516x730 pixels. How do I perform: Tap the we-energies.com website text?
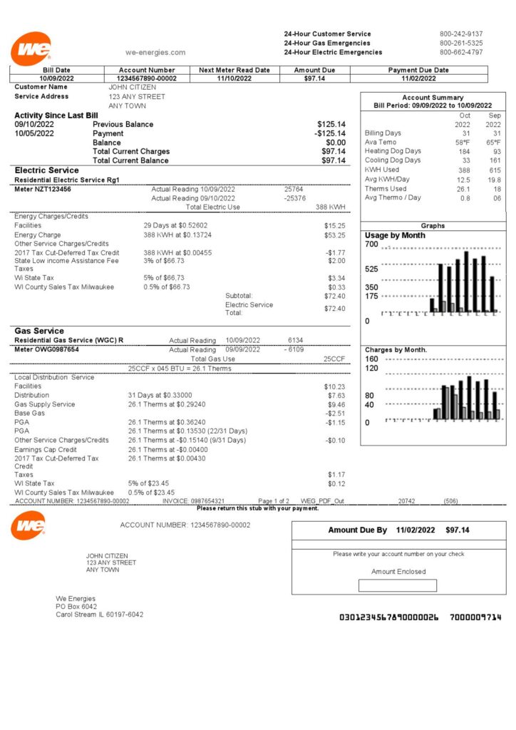[x=155, y=52]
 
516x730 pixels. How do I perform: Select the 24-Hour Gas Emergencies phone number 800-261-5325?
[x=460, y=43]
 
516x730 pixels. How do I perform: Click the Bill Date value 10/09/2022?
[x=57, y=78]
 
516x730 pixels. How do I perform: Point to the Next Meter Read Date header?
[x=234, y=70]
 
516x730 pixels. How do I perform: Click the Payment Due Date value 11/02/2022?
[x=418, y=78]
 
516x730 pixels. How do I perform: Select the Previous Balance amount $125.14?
[x=331, y=124]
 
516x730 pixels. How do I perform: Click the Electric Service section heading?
[x=47, y=170]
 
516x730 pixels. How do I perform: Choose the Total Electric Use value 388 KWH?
[x=330, y=207]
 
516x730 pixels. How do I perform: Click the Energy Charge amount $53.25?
[x=334, y=235]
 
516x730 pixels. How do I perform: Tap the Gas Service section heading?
[x=39, y=331]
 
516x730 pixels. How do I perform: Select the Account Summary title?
[x=433, y=98]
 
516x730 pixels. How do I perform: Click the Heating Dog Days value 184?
[x=464, y=151]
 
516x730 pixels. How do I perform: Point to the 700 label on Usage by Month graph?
[x=371, y=245]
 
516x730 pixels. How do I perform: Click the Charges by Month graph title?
[x=396, y=350]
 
